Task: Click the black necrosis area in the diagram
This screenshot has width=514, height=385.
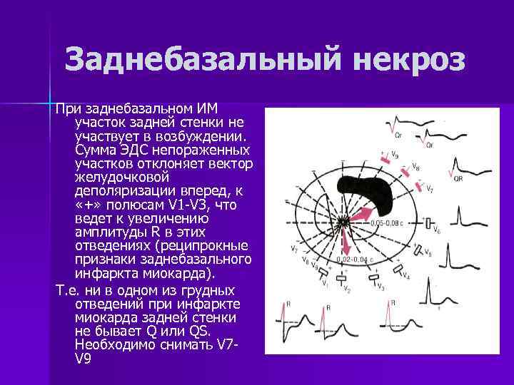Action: [365, 188]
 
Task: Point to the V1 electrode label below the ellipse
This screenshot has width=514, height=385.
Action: [325, 283]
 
